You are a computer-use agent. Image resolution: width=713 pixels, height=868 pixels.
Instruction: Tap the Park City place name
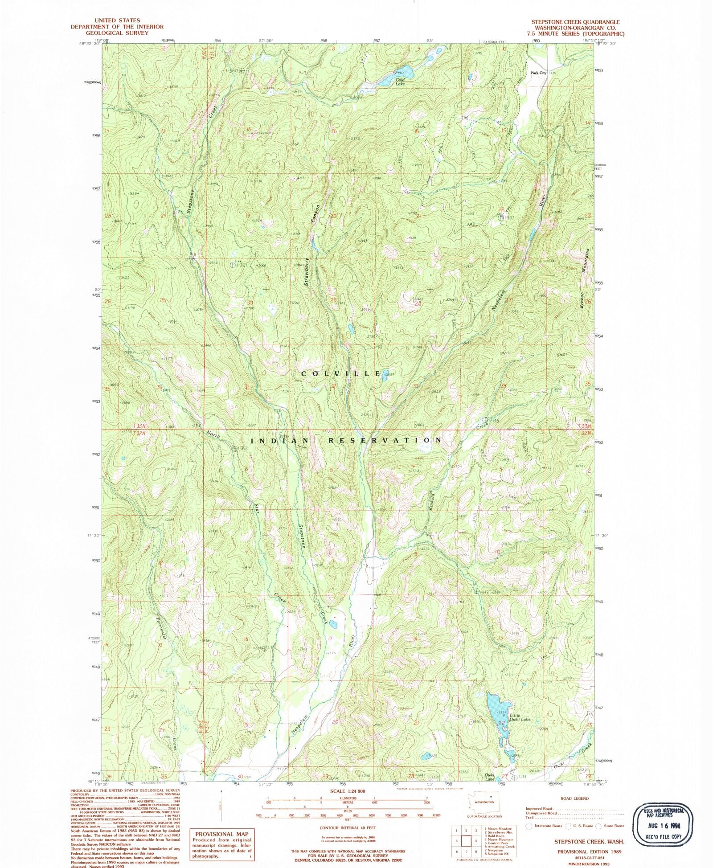[538, 73]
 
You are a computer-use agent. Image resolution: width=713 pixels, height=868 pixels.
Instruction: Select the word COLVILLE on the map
[341, 374]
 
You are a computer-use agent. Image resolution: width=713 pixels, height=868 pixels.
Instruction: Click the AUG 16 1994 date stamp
[664, 825]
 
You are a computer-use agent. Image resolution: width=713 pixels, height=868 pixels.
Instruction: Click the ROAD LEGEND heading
[575, 798]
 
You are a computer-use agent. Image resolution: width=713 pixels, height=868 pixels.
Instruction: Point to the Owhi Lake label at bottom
[490, 777]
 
